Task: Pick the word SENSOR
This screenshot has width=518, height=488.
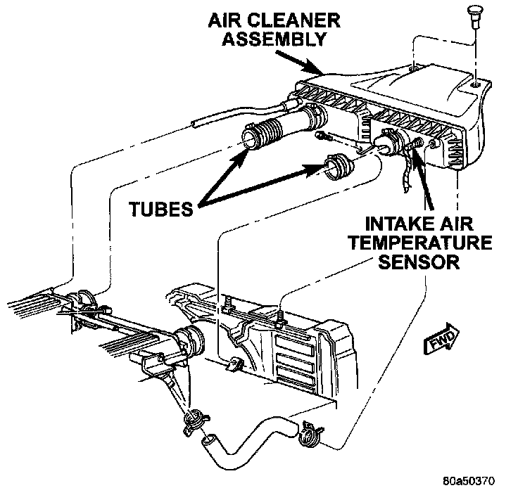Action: click(422, 263)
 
